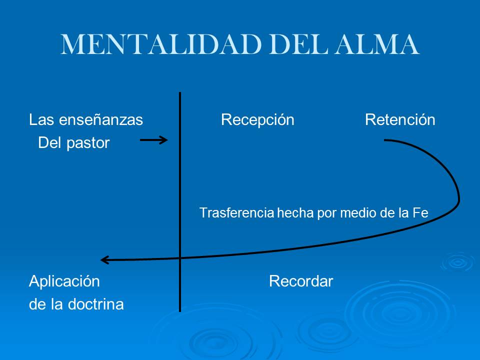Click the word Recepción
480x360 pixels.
pyautogui.click(x=257, y=120)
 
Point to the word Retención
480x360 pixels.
pyautogui.click(x=400, y=120)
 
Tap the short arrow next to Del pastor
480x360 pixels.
pyautogui.click(x=153, y=140)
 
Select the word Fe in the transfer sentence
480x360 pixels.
pyautogui.click(x=420, y=213)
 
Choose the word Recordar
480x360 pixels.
pyautogui.click(x=301, y=281)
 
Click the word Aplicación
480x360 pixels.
pyautogui.click(x=64, y=282)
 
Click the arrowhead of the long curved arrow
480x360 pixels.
pyautogui.click(x=103, y=260)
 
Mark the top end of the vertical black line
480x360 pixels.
pyautogui.click(x=180, y=93)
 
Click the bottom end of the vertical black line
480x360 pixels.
pyautogui.click(x=180, y=310)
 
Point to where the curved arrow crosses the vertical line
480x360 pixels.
pyautogui.click(x=180, y=258)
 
